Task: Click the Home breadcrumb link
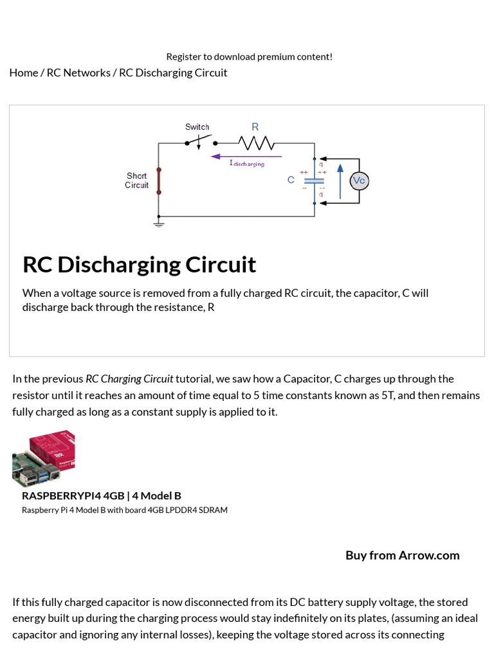tap(24, 73)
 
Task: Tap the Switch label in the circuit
tap(197, 127)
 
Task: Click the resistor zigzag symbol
tap(256, 142)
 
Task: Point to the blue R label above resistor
tap(255, 127)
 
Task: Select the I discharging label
tap(246, 164)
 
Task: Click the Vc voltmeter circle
tap(360, 181)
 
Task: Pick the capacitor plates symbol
tap(314, 181)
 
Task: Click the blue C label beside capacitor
tap(291, 180)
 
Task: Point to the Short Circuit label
tap(136, 181)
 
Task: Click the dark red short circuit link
tap(159, 181)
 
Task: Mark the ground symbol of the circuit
tap(159, 224)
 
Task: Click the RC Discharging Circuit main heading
tap(139, 264)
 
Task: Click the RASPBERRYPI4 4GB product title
tap(102, 495)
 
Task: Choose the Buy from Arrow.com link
tap(402, 555)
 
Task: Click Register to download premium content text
tap(250, 57)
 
